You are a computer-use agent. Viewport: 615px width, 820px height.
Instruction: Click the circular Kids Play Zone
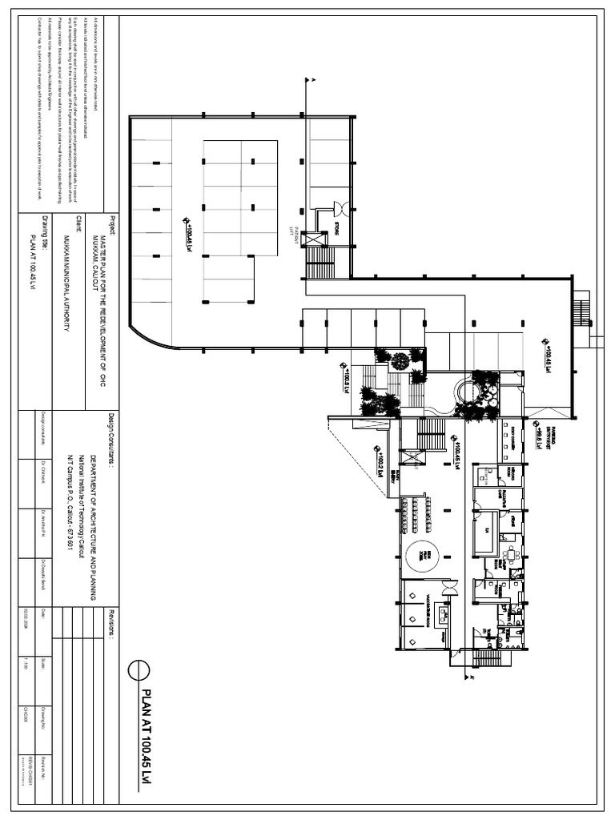[423, 554]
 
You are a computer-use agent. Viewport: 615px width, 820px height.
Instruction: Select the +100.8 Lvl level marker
[345, 374]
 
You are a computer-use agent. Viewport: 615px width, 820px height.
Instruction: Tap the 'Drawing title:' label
[45, 232]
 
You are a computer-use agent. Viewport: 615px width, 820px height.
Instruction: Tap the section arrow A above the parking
[312, 79]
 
